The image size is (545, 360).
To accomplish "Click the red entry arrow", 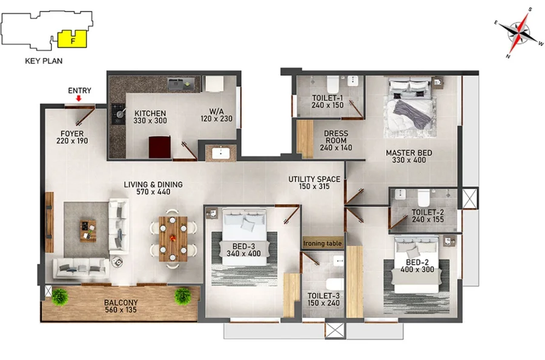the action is (79, 98).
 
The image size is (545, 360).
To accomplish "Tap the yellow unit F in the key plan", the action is (72, 39).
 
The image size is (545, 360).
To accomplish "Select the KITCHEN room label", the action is (150, 113).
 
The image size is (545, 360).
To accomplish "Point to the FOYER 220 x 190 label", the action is (72, 137).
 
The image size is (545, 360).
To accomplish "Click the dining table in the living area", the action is (173, 239).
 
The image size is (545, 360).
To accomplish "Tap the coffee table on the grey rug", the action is (88, 230).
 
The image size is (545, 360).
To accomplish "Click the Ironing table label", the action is (323, 244).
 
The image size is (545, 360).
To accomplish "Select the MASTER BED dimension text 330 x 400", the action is (409, 160).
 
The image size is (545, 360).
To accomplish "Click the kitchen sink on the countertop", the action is (180, 84).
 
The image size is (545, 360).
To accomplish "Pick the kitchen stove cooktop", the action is (118, 114).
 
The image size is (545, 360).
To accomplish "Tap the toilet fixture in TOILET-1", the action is (333, 84).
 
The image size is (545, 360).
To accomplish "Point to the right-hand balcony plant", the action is (183, 296).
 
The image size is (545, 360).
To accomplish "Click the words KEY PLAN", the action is (44, 61).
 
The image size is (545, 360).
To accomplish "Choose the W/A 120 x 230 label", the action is (216, 115).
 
